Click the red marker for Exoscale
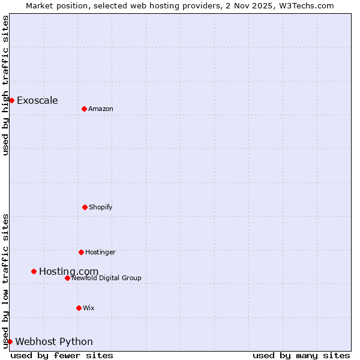11,100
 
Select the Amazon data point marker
84,109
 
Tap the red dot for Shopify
85,207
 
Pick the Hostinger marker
81,252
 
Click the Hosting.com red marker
34,271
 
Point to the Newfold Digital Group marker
67,278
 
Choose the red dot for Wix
79,308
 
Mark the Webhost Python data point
10,341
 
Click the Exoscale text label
37,100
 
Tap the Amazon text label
101,109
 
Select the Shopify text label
101,207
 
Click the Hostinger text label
100,252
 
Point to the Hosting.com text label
68,272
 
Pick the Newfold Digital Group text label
106,278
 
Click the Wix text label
89,308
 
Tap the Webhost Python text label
54,342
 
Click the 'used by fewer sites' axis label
62,355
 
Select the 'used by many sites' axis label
301,355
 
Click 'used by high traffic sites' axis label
5,85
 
